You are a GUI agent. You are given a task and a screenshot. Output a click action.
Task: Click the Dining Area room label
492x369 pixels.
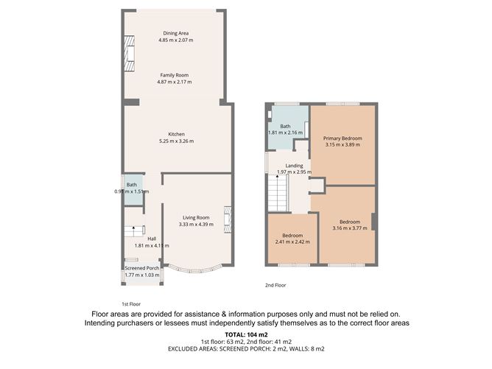(x=175, y=32)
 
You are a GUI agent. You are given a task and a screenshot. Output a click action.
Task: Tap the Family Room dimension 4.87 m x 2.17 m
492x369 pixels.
(x=175, y=82)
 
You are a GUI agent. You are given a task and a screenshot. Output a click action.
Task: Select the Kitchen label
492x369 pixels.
(x=175, y=134)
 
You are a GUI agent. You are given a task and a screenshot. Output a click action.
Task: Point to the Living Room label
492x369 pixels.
(x=197, y=217)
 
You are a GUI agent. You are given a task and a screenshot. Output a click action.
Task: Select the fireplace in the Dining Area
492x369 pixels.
(x=130, y=55)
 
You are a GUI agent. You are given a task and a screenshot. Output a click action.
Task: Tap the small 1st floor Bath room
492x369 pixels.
(x=133, y=190)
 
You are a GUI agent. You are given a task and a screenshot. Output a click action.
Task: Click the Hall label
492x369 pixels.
(x=152, y=239)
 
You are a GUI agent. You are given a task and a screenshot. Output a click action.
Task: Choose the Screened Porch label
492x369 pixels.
(x=141, y=268)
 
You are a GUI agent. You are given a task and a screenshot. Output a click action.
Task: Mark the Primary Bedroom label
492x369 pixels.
(x=342, y=138)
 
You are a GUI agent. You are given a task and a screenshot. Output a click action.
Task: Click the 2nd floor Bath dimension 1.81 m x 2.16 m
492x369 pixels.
(x=285, y=133)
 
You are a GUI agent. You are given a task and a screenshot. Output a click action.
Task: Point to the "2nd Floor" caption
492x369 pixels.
(x=275, y=285)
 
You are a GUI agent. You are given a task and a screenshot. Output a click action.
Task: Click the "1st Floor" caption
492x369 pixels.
(x=131, y=303)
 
